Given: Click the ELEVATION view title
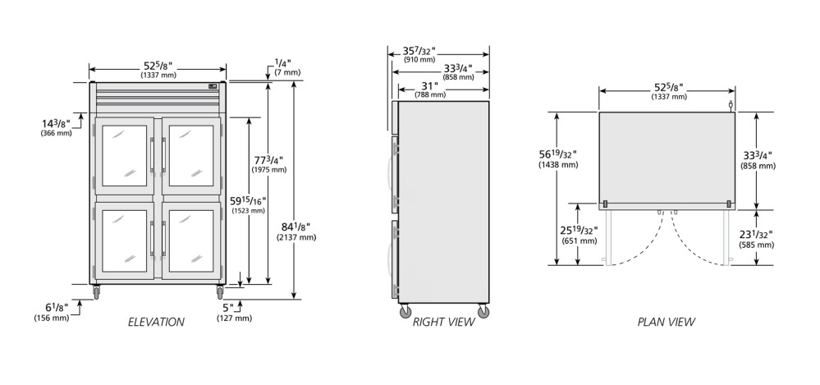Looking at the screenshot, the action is coord(156,323).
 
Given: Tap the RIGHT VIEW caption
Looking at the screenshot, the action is coord(443,323).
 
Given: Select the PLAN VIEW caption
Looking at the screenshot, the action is coord(667,323).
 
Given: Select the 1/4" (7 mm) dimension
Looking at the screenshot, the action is coord(287,66).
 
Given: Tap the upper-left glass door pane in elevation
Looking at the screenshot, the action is coord(125,156).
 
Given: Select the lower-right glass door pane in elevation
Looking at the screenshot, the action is coord(191,241).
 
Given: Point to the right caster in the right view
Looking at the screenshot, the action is coord(483,312).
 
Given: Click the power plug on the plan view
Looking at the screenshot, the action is coord(731,107).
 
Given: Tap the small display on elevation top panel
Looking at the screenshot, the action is coord(212,86).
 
